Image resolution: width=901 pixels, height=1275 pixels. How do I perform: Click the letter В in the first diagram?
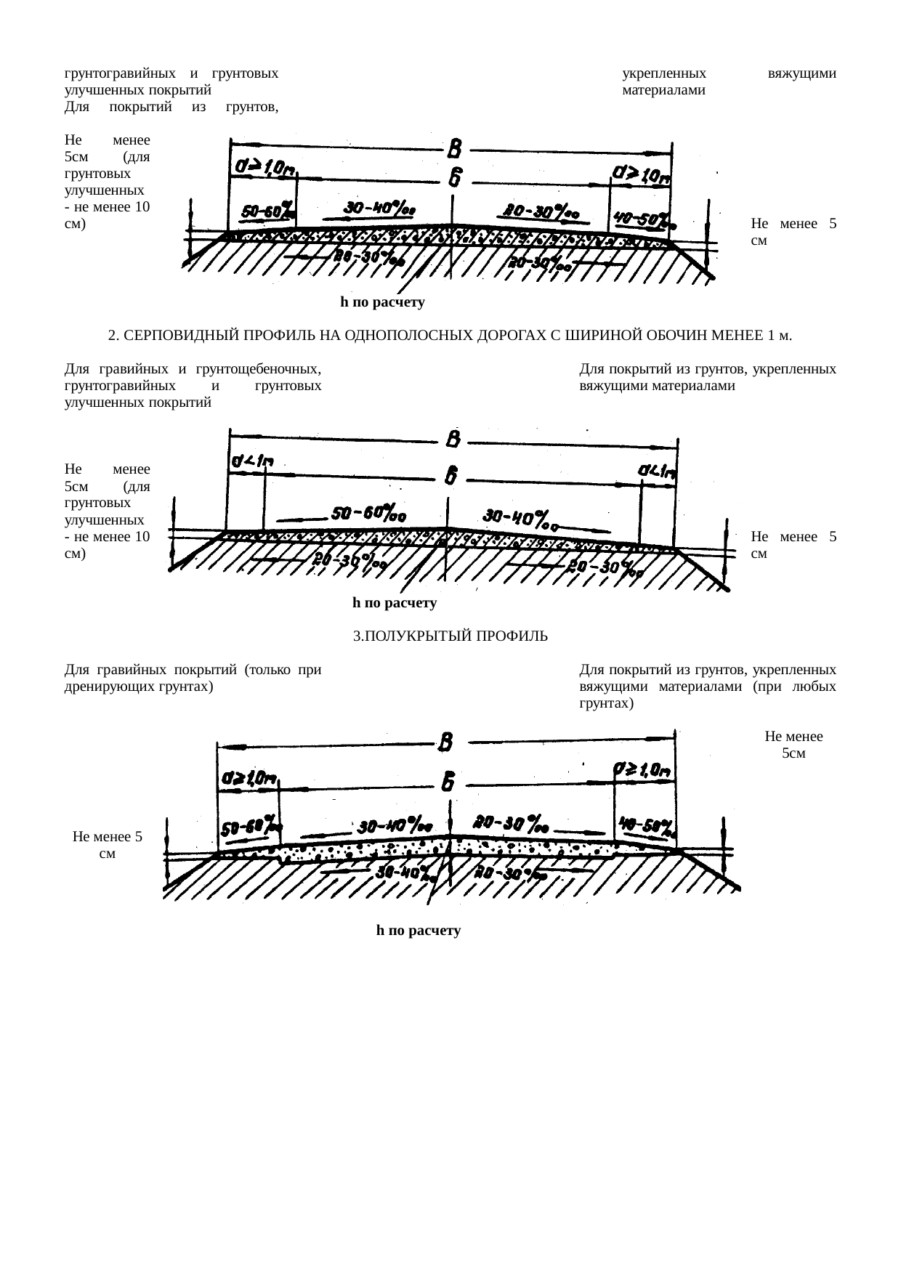click(454, 150)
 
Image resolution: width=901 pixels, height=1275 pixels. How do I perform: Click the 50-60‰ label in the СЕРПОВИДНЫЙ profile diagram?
click(368, 512)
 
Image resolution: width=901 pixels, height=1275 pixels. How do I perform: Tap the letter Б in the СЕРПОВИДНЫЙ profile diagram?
click(451, 476)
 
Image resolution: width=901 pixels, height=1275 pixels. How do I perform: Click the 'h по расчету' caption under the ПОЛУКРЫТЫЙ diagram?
click(419, 930)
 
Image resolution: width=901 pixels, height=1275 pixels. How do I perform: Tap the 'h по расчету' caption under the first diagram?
click(382, 301)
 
